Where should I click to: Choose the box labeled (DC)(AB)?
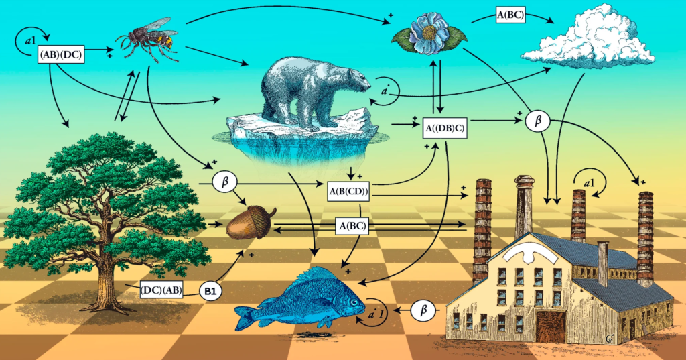click(x=160, y=290)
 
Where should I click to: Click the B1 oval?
click(x=210, y=291)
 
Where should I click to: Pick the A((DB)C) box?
click(x=445, y=128)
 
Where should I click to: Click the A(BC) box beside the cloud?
click(x=510, y=14)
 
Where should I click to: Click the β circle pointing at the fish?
click(x=423, y=310)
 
